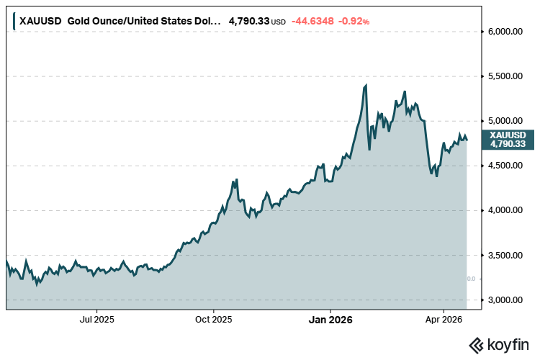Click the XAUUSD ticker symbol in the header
coord(40,22)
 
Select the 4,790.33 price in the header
coord(248,22)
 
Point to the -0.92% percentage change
coord(356,22)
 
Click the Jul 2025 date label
coord(96,318)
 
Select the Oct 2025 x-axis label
coord(213,318)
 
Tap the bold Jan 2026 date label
coord(330,318)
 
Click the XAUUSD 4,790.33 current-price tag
coord(507,139)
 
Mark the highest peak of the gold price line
coord(366,85)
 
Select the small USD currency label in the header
coord(279,22)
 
